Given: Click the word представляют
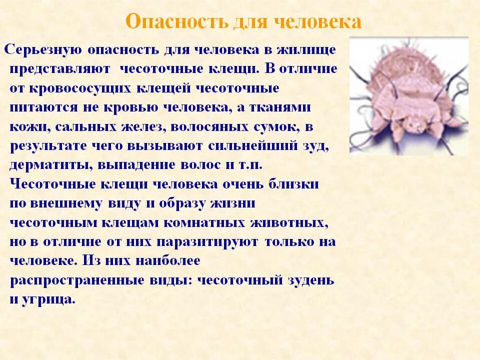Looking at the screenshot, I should pyautogui.click(x=55, y=69).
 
